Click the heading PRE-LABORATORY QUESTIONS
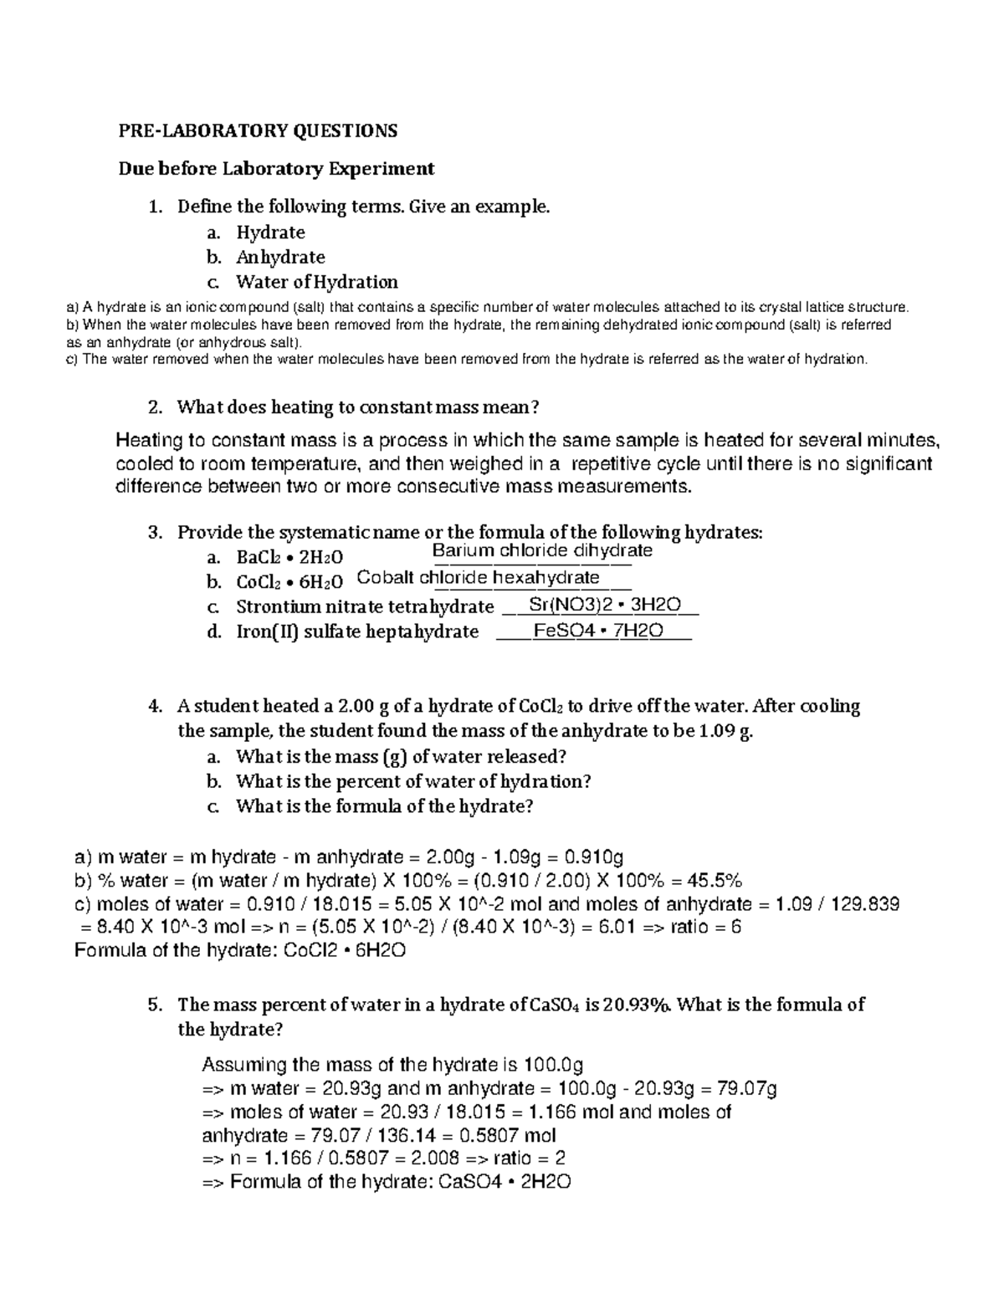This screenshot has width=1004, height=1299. [x=257, y=130]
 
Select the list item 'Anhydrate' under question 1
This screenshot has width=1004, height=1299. [x=280, y=257]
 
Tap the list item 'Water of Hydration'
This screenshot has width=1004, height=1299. [x=316, y=282]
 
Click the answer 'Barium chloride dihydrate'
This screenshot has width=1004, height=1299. [x=541, y=550]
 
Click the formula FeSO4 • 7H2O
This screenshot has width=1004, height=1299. [x=598, y=631]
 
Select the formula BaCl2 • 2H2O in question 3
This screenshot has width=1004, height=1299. [x=289, y=557]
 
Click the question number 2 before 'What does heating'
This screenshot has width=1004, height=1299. [x=153, y=407]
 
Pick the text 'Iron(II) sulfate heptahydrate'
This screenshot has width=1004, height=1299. [x=357, y=632]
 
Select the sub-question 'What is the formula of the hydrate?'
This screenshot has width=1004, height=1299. [x=385, y=806]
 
